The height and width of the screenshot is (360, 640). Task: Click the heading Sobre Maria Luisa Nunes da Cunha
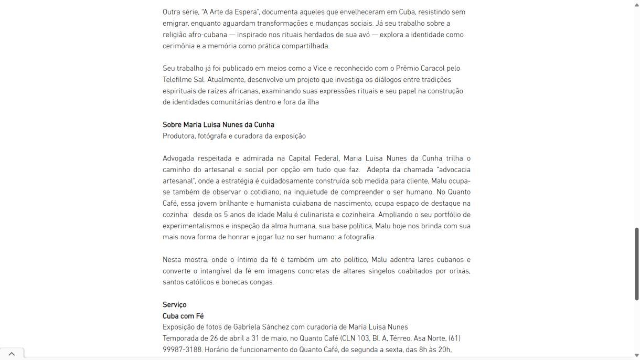coord(218,125)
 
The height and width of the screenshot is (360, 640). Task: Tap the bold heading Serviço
coord(174,305)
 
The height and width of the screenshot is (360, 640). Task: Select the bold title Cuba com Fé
coord(183,316)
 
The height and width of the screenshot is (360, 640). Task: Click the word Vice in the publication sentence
coord(320,68)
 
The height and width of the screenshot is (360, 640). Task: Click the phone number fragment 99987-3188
coord(182,350)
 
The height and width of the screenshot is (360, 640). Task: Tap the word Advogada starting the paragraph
coord(178,158)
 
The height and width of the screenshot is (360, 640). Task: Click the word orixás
coord(460,271)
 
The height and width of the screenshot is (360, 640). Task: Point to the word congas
coord(262,282)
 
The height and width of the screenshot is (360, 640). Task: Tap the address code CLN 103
coord(356,338)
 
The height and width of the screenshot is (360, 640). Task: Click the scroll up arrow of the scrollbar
coord(637,4)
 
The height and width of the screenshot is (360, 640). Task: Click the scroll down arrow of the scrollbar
coord(637,355)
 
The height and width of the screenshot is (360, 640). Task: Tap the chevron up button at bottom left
coord(12,354)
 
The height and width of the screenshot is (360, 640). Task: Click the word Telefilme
coord(176,80)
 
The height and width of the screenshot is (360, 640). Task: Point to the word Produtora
coord(178,136)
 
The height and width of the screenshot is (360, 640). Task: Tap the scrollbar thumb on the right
coord(637,263)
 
